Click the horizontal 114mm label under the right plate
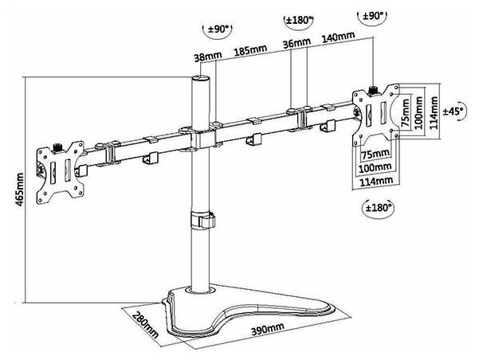pyautogui.click(x=375, y=182)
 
